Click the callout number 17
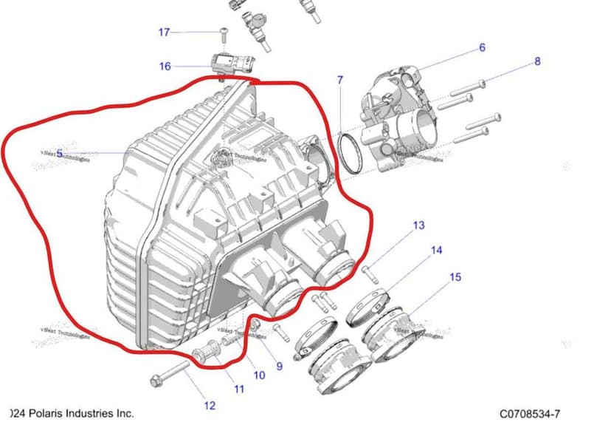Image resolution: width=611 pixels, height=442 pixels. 164,32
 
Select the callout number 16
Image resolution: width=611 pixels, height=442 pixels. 165,67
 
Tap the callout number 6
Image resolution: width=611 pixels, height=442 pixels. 482,48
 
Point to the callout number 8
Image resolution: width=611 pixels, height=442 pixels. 537,61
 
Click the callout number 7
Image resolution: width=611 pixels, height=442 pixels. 340,79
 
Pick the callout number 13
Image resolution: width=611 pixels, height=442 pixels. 418,225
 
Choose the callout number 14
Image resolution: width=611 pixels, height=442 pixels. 436,251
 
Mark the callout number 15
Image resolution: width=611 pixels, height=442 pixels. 455,277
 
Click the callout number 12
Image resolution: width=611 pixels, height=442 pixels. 210,405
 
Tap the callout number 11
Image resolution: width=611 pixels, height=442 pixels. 239,389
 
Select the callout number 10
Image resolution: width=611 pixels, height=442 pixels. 259,375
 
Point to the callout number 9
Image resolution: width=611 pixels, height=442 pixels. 279,365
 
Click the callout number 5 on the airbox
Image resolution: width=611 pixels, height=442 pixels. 59,154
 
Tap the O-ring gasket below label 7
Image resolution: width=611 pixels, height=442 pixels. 350,152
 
